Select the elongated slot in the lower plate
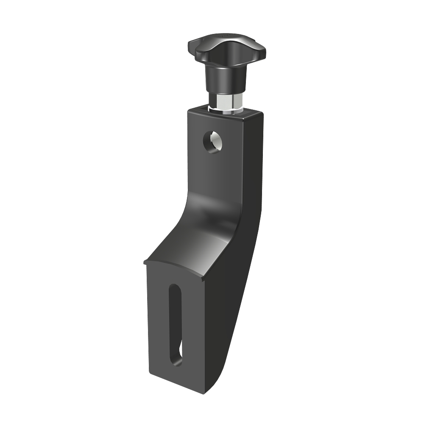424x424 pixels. (176, 324)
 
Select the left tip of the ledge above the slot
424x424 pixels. (145, 263)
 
